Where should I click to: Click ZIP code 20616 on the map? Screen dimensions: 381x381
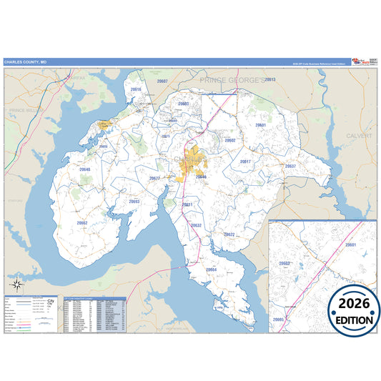[x=136, y=89]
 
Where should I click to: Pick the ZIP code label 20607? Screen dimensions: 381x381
[x=162, y=81]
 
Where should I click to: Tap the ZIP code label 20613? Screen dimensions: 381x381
[x=270, y=79]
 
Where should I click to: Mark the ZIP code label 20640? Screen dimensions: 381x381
[x=85, y=169]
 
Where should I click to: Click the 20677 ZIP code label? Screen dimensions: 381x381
[x=154, y=178]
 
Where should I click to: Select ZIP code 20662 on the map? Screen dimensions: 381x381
[x=82, y=223]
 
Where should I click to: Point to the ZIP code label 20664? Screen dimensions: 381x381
[x=211, y=269]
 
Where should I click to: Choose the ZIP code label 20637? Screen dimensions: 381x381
[x=290, y=166]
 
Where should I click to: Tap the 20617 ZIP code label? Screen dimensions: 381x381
[x=245, y=162]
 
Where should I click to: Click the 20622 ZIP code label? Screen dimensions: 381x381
[x=229, y=234]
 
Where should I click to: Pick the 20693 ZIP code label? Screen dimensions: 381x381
[x=134, y=202]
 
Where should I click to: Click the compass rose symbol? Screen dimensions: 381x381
[x=18, y=273]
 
